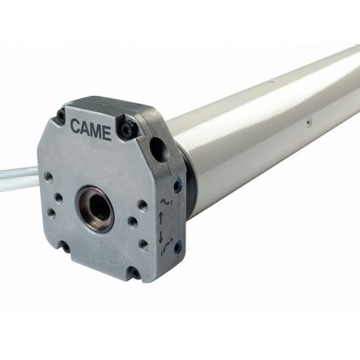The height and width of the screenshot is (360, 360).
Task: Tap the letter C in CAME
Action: pyautogui.click(x=75, y=126)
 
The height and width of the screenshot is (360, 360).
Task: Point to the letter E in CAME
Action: pyautogui.click(x=107, y=134)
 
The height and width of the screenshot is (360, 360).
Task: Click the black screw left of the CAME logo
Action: pyautogui.click(x=61, y=114)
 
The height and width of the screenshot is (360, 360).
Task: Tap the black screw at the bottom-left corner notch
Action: pyautogui.click(x=65, y=247)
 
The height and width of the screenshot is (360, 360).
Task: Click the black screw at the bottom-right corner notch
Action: pyautogui.click(x=136, y=274)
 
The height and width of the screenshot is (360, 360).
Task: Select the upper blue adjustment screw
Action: pyautogui.click(x=178, y=183)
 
